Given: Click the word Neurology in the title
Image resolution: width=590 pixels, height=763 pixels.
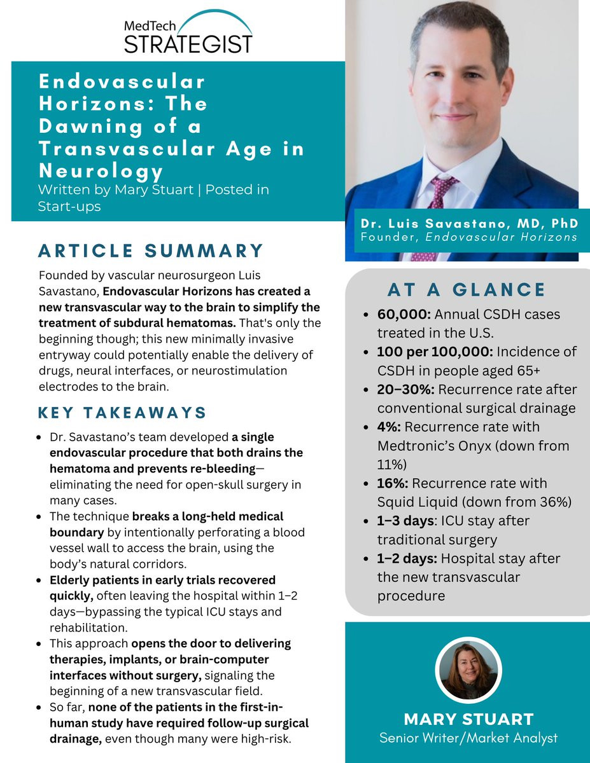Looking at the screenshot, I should (x=101, y=172).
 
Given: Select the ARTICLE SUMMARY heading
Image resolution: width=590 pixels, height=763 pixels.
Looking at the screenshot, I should (x=151, y=251).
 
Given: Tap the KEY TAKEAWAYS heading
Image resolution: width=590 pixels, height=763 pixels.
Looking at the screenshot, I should (x=123, y=413).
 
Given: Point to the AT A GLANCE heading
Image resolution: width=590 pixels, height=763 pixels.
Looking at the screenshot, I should (x=467, y=290).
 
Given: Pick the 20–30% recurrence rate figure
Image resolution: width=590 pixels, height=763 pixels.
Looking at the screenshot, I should (x=405, y=390).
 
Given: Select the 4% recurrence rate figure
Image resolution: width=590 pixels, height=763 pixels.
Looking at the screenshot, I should (x=390, y=427).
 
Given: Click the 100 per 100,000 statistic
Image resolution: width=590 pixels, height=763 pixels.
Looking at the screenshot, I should (x=435, y=352).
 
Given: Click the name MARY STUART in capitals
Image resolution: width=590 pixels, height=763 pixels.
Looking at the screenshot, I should (x=468, y=720).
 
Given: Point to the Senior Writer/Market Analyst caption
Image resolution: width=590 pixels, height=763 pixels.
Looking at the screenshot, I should (x=468, y=738).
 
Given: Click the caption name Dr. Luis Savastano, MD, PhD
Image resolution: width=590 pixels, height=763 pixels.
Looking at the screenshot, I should (x=469, y=224).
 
